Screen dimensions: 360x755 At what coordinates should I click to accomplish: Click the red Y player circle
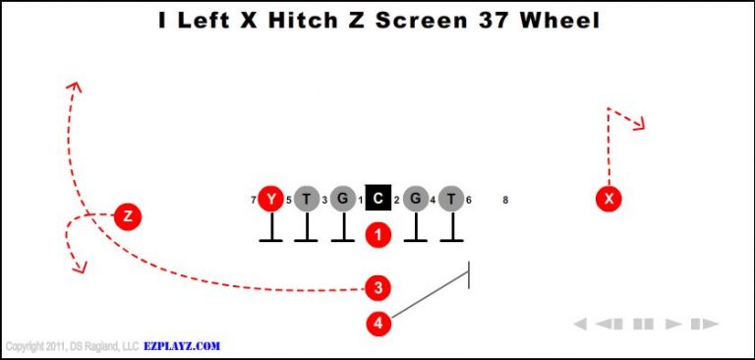click(x=270, y=200)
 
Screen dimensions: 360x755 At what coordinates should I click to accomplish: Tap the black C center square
click(x=378, y=199)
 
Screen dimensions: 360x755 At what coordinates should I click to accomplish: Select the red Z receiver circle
click(x=127, y=215)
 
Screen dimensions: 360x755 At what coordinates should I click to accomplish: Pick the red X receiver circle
click(x=610, y=200)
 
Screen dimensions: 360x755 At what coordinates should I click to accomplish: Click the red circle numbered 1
click(x=378, y=234)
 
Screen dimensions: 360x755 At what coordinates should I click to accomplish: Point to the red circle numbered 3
click(x=378, y=287)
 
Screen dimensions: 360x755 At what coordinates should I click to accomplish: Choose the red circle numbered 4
click(x=378, y=322)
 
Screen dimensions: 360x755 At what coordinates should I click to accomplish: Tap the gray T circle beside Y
click(x=307, y=200)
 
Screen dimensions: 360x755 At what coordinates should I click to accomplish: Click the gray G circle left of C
click(x=342, y=200)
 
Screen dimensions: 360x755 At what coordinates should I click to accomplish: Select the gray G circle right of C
click(x=415, y=200)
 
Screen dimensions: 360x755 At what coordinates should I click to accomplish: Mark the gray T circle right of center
click(x=451, y=200)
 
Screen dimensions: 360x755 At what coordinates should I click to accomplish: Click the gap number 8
click(x=505, y=201)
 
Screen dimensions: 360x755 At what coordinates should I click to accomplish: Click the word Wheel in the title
click(x=556, y=20)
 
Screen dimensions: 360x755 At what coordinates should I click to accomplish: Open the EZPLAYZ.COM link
click(x=182, y=346)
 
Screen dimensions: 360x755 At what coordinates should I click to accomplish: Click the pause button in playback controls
click(x=644, y=324)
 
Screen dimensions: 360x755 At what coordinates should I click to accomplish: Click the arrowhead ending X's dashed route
click(x=640, y=125)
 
